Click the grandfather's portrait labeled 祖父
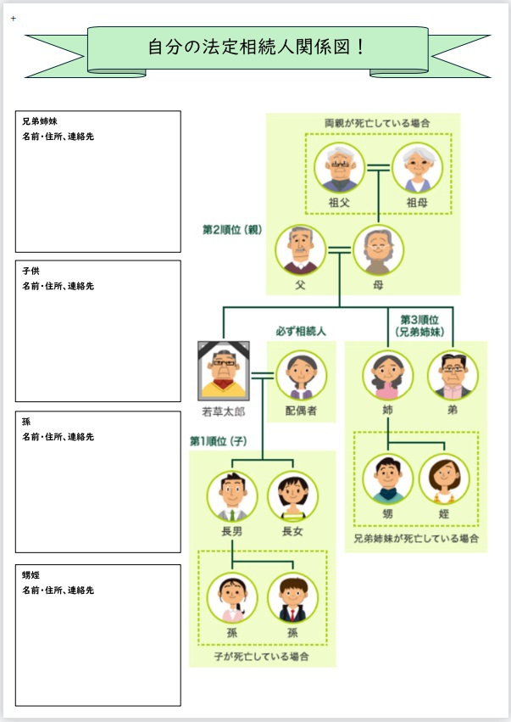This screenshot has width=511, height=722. [340, 168]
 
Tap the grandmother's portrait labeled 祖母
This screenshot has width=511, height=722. [416, 168]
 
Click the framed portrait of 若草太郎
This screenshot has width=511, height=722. [223, 371]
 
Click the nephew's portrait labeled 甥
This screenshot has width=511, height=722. [387, 479]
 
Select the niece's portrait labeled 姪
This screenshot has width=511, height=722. [444, 479]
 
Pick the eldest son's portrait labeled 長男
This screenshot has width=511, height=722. [232, 497]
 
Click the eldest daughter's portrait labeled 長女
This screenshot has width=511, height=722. [292, 497]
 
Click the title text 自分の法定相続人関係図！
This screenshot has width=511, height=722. [257, 47]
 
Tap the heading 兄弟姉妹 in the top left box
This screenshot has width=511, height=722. [40, 122]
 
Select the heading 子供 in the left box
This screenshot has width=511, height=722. [31, 271]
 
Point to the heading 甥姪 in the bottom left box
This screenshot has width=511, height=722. [31, 575]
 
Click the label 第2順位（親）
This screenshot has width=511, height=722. [232, 229]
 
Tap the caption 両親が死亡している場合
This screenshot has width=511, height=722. [377, 123]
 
